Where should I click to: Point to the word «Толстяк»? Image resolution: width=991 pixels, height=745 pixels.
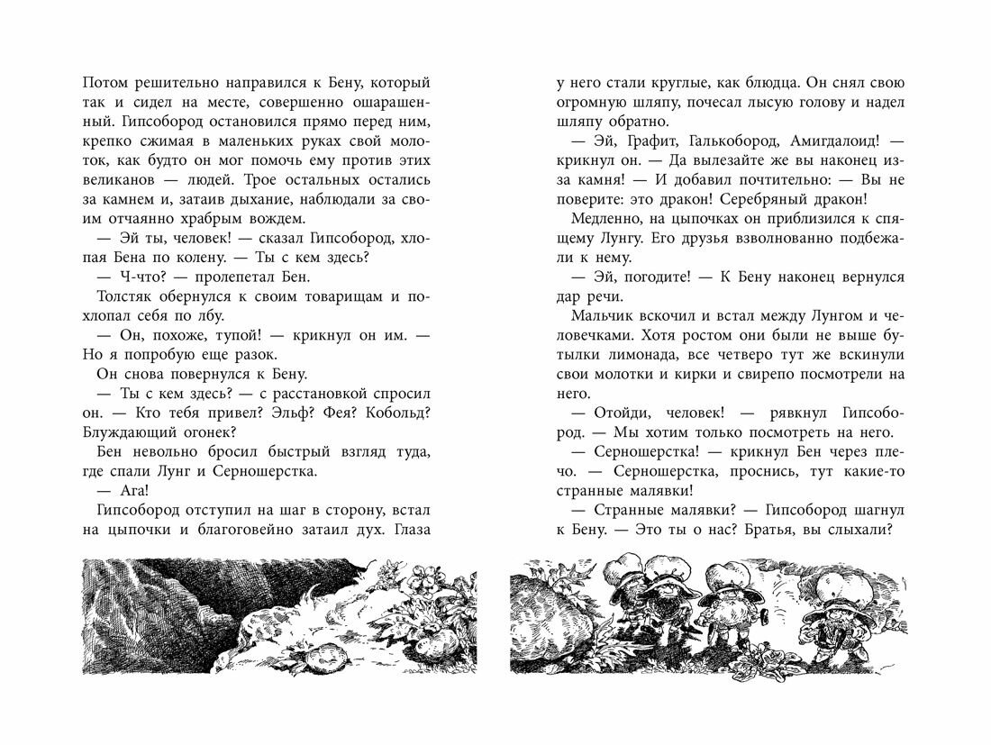coord(123,298)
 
